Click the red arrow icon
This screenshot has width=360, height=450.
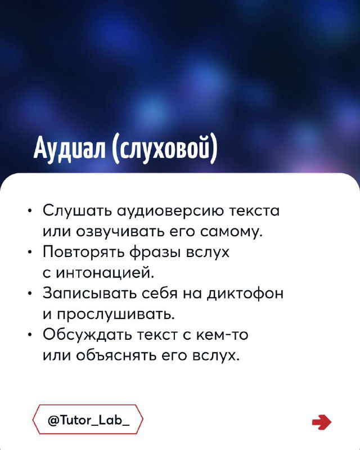pyautogui.click(x=321, y=421)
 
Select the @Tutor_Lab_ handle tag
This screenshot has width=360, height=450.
pyautogui.click(x=88, y=420)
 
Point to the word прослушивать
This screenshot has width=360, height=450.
pyautogui.click(x=109, y=314)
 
